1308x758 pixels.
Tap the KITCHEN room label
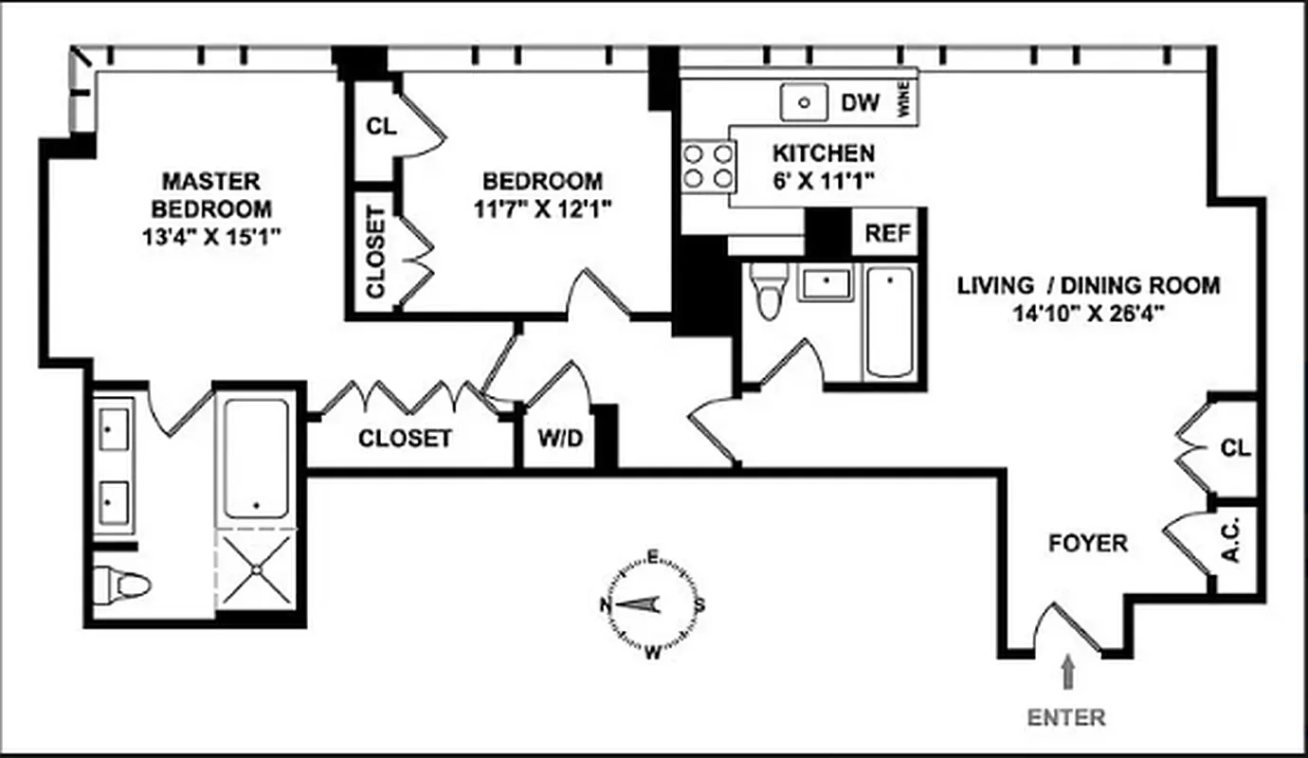click(x=823, y=153)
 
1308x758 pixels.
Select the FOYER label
click(x=1088, y=544)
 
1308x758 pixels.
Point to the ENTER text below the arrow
click(x=1067, y=717)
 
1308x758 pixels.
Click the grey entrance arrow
click(x=1068, y=675)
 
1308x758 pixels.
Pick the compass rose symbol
click(x=652, y=604)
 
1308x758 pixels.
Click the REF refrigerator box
click(x=887, y=234)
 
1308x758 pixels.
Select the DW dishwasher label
click(x=861, y=102)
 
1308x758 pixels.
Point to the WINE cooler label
click(x=904, y=101)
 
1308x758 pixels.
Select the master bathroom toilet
click(x=120, y=585)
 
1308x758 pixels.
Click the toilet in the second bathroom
click(x=768, y=289)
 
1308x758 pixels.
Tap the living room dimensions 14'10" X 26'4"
click(x=1087, y=311)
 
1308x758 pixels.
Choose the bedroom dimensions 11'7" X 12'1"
click(x=542, y=207)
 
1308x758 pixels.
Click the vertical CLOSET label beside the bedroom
click(x=375, y=251)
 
